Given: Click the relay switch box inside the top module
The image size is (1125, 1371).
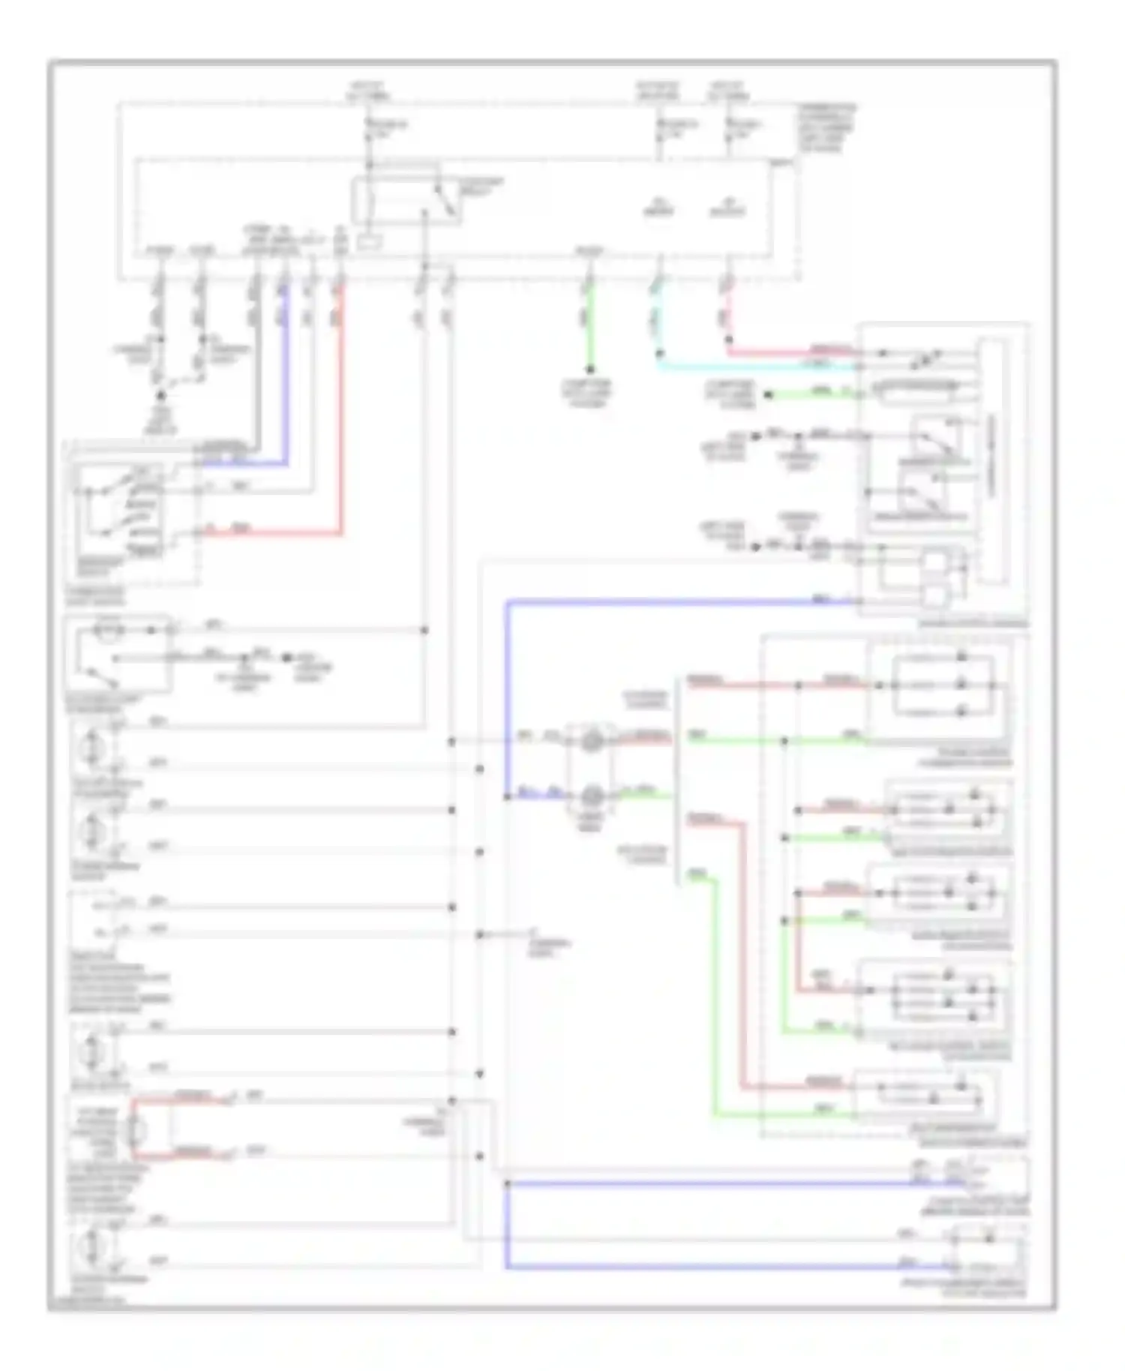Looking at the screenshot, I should (x=406, y=201).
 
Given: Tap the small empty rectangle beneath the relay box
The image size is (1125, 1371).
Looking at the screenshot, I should (x=370, y=242).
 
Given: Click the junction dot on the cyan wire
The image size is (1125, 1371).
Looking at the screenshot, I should (x=659, y=352).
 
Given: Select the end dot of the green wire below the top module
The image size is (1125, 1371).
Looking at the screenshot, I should (x=590, y=369).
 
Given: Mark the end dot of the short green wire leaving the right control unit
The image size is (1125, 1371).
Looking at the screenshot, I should (x=768, y=394).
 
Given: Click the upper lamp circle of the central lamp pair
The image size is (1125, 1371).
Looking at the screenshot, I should (x=592, y=741).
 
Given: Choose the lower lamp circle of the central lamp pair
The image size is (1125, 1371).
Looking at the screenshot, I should (x=592, y=795).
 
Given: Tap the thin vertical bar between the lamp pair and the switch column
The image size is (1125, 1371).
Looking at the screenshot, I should (x=678, y=780).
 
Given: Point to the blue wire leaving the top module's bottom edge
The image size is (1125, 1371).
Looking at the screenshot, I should (x=284, y=375).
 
